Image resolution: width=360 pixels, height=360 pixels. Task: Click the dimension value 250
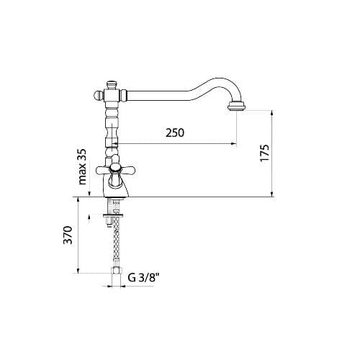tap(175, 133)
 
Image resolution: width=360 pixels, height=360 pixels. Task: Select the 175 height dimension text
tap(264, 153)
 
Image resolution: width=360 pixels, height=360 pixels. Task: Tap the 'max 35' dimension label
tap(81, 167)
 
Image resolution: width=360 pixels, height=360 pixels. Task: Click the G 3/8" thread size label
tap(143, 276)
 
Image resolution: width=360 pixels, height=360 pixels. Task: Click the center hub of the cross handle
tap(114, 170)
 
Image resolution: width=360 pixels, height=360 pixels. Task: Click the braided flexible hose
tap(114, 241)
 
